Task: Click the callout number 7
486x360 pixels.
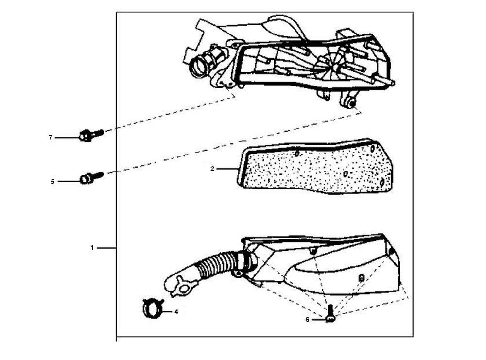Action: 50,137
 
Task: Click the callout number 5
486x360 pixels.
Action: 52,182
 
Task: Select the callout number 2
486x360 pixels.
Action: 212,169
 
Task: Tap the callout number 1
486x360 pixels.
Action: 92,248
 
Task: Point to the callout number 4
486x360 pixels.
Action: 176,312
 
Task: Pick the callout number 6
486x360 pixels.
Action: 307,319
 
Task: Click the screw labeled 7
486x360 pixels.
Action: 91,135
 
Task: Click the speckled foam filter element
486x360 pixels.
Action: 314,167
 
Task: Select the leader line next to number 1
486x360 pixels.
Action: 107,248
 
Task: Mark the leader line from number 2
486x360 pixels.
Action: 227,169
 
